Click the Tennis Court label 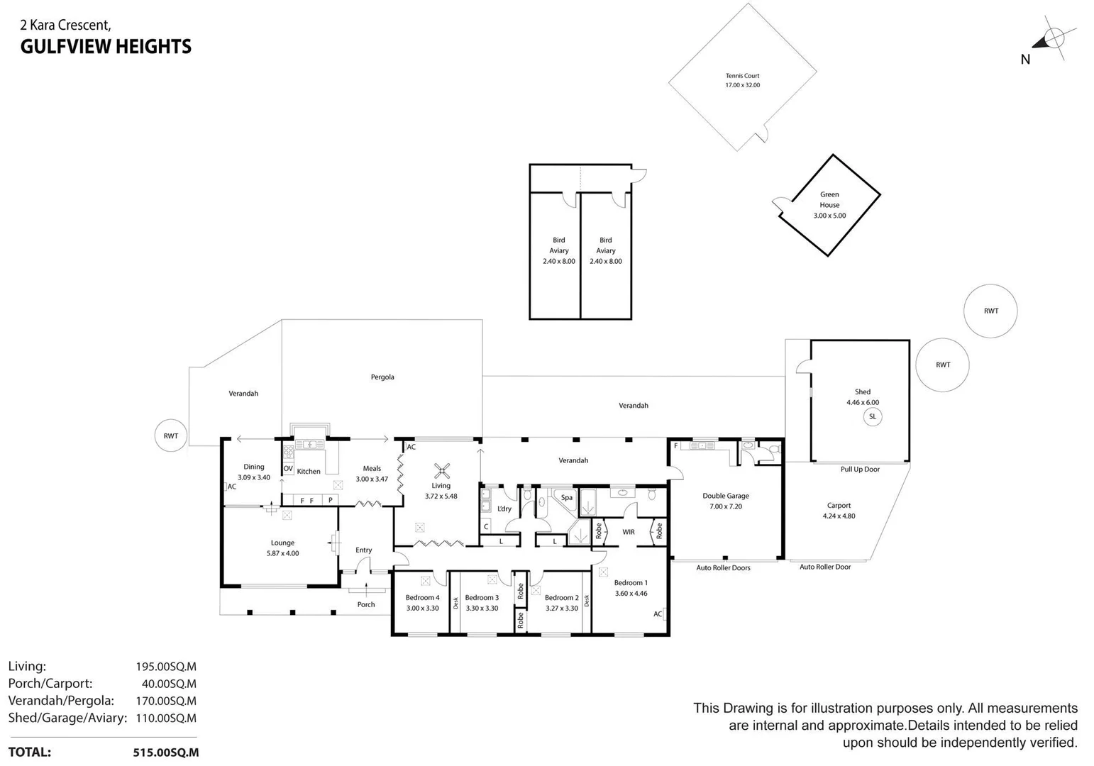pos(742,76)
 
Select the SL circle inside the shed pos(872,416)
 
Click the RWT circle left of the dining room pos(171,436)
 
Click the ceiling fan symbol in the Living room pos(442,470)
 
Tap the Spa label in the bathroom pos(566,497)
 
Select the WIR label pos(628,532)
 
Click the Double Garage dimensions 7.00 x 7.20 pos(725,506)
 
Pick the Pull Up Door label pos(859,470)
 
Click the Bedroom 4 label pos(422,597)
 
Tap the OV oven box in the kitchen pos(288,469)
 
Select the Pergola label pos(382,377)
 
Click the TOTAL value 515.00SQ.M pos(165,753)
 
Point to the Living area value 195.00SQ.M pos(165,667)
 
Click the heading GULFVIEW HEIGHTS pos(106,47)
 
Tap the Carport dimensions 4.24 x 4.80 pos(839,516)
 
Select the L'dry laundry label pos(504,509)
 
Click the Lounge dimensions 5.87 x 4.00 pos(282,553)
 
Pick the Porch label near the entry pos(366,604)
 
